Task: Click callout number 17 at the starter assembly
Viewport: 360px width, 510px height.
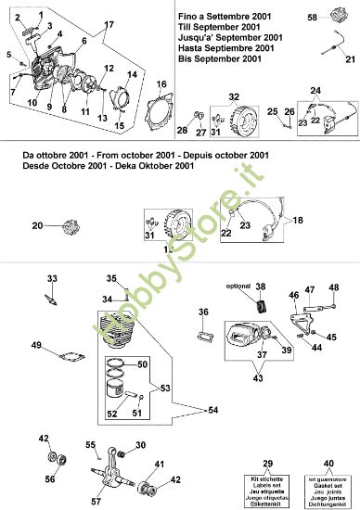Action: pos(109,22)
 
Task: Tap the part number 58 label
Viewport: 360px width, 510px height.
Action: pos(313,18)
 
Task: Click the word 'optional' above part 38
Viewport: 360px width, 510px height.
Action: pos(238,287)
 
